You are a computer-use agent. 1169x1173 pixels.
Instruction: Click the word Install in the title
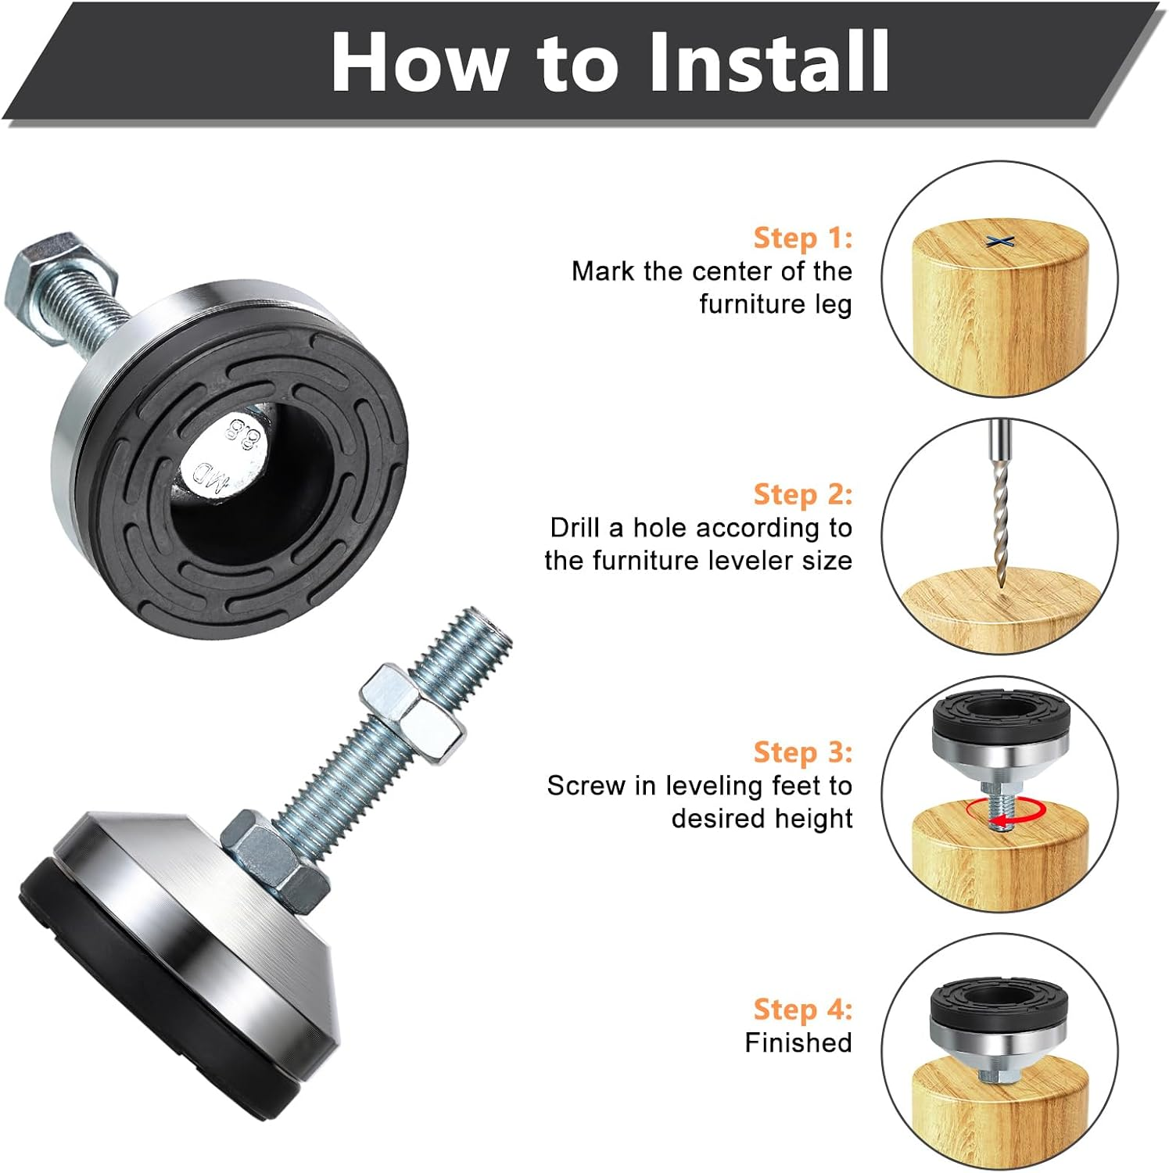[x=769, y=63]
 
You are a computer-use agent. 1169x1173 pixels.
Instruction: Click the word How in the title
[x=418, y=63]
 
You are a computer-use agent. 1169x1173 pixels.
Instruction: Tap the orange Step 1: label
[x=802, y=237]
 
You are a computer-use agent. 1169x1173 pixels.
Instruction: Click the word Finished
[x=798, y=1042]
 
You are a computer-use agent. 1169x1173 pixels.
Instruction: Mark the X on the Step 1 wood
[x=1000, y=241]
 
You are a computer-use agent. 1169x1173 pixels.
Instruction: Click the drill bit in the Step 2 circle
[x=999, y=508]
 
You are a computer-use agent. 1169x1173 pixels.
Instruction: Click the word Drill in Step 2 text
[x=575, y=527]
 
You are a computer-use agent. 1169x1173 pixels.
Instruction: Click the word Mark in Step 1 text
[x=604, y=271]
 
